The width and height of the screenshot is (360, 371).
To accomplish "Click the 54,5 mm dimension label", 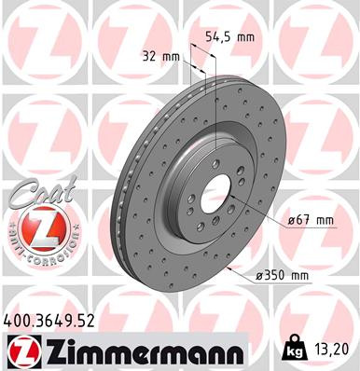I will click(228, 39).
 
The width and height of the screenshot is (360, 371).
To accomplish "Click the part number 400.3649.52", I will click(56, 321).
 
